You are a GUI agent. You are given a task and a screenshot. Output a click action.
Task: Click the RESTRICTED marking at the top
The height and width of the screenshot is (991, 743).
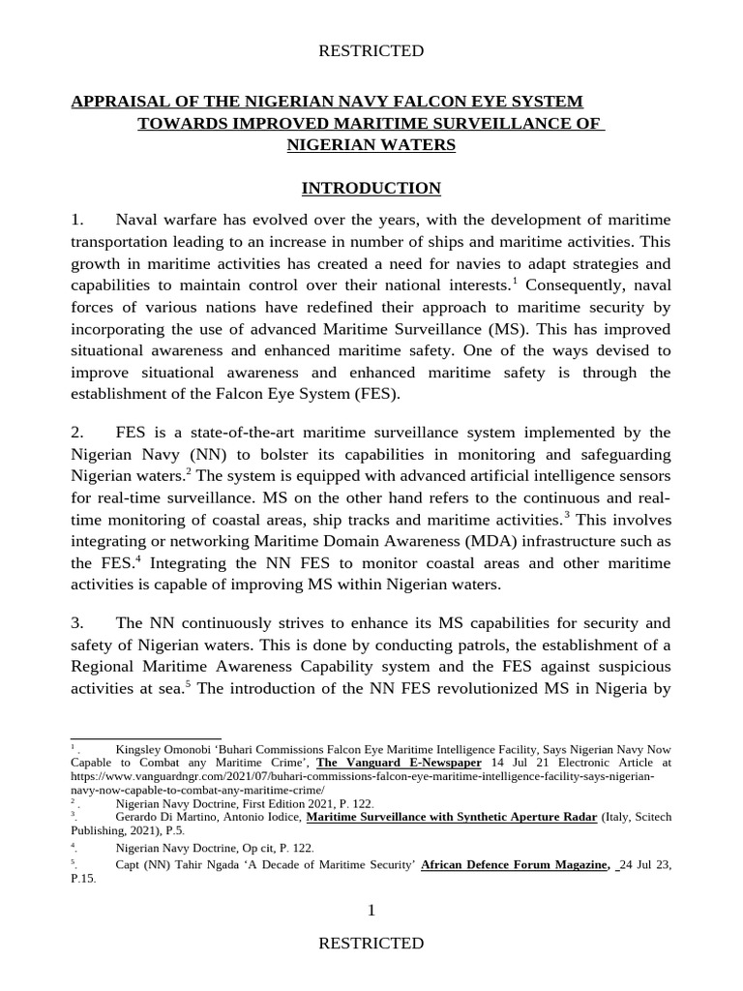coord(371,50)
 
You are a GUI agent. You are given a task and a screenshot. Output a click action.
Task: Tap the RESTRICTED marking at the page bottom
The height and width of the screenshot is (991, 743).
coord(371,943)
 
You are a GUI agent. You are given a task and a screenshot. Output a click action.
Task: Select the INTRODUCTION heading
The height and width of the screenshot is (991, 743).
coord(371,188)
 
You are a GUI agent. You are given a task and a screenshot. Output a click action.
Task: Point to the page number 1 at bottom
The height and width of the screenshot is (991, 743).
coord(371,910)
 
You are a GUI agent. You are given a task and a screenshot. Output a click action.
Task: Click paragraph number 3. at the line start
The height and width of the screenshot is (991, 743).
coord(78,622)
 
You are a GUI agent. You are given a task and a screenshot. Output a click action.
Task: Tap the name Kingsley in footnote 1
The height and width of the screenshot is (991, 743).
coord(142,750)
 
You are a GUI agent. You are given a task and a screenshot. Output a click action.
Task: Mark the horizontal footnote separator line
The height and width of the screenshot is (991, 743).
coord(146,737)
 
